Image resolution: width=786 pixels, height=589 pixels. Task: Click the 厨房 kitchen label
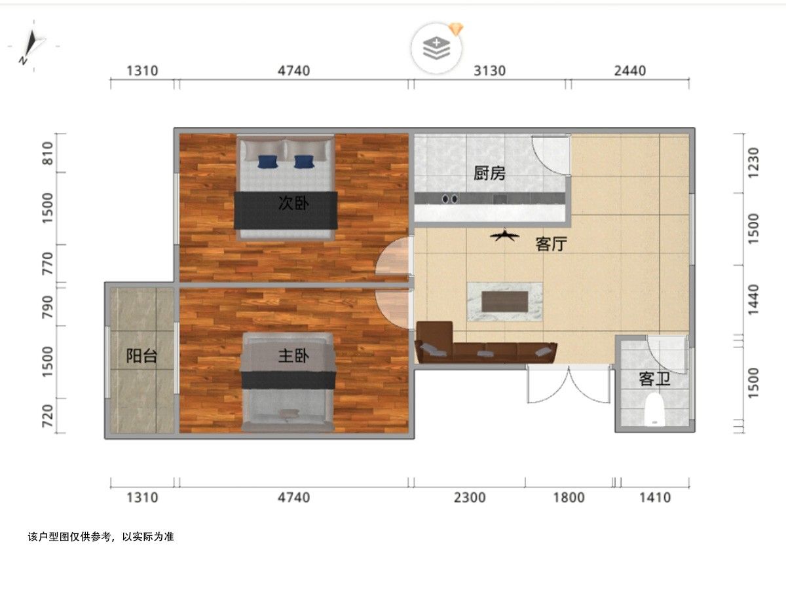(x=489, y=173)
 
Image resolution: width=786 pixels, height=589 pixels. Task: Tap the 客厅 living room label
(x=552, y=244)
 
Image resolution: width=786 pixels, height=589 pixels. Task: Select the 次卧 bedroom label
(x=293, y=204)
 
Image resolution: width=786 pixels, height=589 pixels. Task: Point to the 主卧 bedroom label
(x=293, y=356)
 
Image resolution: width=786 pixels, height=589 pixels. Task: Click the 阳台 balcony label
(x=141, y=356)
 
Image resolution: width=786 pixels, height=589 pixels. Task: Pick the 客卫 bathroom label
(x=654, y=379)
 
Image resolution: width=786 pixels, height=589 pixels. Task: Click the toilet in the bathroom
(x=654, y=410)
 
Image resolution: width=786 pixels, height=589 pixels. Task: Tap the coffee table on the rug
(x=505, y=302)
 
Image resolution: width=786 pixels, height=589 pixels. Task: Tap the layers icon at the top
(x=436, y=48)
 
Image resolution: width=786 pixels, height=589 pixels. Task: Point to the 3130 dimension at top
(x=489, y=71)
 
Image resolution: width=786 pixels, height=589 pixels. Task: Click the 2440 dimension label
(x=630, y=71)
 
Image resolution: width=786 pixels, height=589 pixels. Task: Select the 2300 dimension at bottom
(x=470, y=497)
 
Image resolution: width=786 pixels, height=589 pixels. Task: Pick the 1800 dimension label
(x=569, y=497)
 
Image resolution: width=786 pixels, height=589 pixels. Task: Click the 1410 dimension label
(x=655, y=497)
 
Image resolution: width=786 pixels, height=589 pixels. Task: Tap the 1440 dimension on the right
(x=753, y=300)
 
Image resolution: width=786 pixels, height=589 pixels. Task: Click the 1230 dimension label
(x=753, y=163)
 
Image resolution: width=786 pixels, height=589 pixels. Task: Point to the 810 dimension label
(x=47, y=153)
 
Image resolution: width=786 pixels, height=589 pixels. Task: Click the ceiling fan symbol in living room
(x=505, y=235)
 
